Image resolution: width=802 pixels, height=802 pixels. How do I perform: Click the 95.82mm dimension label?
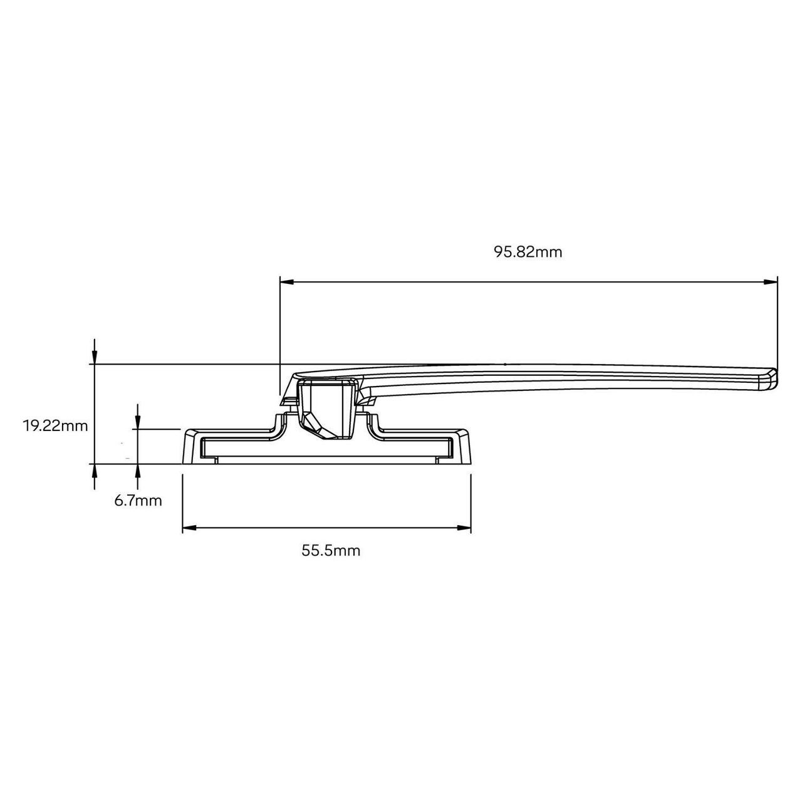[528, 253]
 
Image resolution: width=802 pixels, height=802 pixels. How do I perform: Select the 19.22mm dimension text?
[55, 426]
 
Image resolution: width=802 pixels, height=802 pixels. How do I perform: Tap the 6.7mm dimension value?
[138, 501]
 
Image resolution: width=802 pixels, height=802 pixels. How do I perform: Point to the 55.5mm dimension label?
[331, 551]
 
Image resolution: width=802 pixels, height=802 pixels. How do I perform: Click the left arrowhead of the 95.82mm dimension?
[287, 282]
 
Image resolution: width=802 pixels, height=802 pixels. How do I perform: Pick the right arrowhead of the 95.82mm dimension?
[770, 282]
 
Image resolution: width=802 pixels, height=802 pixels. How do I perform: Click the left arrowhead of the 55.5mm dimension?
[189, 528]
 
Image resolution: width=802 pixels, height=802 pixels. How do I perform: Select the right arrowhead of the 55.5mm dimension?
[464, 528]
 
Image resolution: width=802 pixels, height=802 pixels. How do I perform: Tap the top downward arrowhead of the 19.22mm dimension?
[95, 357]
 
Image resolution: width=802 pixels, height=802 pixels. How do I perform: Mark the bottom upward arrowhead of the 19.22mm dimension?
[95, 471]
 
